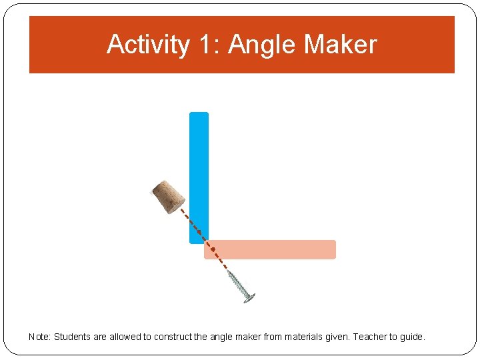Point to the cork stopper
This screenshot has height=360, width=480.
[168, 196]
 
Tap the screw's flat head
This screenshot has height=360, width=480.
[249, 298]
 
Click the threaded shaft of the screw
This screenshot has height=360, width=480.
[237, 284]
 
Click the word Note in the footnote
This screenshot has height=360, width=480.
[38, 337]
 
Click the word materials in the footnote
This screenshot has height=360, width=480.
[303, 337]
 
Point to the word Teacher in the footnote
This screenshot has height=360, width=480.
[369, 337]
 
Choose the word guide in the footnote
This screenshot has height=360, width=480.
[412, 337]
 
